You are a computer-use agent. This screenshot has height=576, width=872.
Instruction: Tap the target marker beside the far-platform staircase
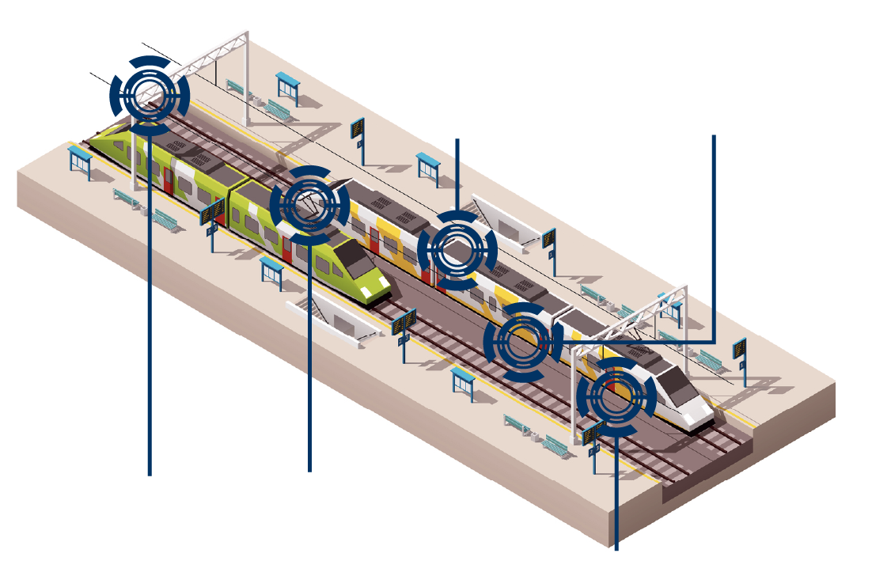point(457,250)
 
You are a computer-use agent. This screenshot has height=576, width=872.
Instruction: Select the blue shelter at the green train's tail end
point(80,159)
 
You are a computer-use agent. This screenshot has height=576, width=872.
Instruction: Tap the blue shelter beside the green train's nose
point(271,270)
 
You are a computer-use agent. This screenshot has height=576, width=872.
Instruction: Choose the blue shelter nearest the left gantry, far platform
point(287,85)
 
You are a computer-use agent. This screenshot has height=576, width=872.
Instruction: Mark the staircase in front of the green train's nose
point(332,316)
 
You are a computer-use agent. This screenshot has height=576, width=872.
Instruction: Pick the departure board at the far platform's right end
point(739,350)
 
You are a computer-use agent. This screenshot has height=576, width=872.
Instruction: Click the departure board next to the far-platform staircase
point(548,239)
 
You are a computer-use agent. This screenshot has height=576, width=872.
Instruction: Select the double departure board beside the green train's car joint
point(212,214)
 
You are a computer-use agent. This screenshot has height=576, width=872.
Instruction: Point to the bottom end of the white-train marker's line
point(616,548)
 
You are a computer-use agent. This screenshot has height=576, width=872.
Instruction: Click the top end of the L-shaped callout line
point(715,136)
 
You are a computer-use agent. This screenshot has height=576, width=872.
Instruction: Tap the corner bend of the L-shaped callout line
point(715,342)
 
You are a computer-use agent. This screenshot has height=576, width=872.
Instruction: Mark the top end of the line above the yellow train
point(457,139)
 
